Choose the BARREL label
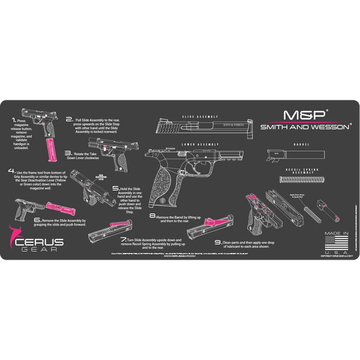coord(301,145)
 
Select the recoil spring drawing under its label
coord(302,179)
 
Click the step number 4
coord(11,171)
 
